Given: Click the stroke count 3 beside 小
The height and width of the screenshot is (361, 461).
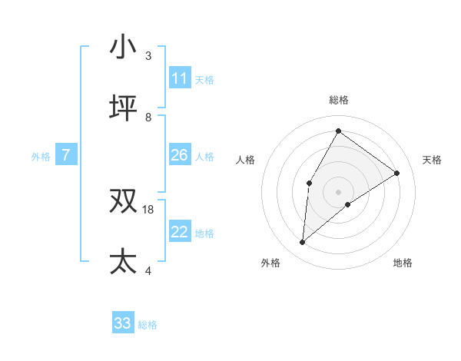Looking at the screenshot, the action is [x=148, y=56].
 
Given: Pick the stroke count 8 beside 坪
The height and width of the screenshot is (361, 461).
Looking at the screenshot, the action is [x=148, y=117].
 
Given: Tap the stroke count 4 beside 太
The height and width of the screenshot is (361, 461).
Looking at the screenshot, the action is [x=148, y=270].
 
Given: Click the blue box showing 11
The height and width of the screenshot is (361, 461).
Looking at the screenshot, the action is [x=179, y=78].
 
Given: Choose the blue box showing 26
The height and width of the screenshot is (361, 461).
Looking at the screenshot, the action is [x=179, y=155].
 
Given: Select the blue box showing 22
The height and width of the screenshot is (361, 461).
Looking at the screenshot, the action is [x=179, y=232].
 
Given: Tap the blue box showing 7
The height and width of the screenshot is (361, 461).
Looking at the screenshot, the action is [x=66, y=155].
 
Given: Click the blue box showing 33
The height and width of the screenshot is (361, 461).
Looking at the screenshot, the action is [x=122, y=323].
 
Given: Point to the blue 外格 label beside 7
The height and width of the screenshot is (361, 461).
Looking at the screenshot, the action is [x=41, y=157].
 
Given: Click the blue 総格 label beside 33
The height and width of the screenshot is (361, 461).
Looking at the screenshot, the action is [x=148, y=325].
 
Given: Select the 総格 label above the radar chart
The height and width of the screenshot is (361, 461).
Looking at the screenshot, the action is [x=338, y=100].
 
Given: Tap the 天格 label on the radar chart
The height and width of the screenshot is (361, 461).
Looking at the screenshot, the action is [x=432, y=160].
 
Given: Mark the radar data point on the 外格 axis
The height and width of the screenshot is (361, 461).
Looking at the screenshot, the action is [x=303, y=243].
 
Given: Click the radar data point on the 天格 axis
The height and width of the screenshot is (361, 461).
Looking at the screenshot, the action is [x=397, y=173].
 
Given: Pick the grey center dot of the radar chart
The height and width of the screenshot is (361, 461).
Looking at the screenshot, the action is [x=338, y=191].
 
